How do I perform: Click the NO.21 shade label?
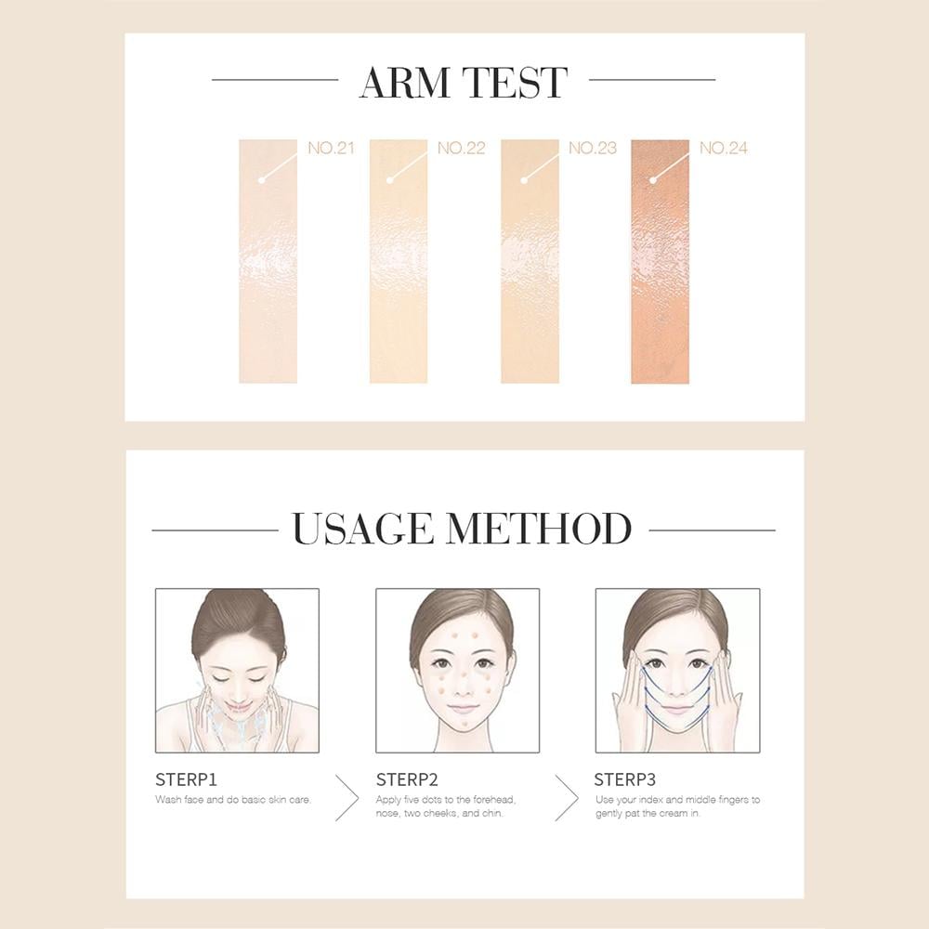[331, 148]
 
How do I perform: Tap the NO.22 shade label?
[461, 148]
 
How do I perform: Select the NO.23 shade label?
[593, 148]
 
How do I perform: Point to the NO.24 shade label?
[724, 148]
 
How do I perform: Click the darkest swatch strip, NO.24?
[660, 261]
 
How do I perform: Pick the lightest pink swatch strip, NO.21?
[268, 261]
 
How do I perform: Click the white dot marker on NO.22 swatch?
[390, 180]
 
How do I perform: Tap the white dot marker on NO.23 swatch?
[524, 180]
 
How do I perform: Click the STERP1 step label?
[186, 779]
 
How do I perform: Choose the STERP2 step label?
[407, 779]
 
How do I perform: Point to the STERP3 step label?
[625, 779]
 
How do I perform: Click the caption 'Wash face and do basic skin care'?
[233, 799]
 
